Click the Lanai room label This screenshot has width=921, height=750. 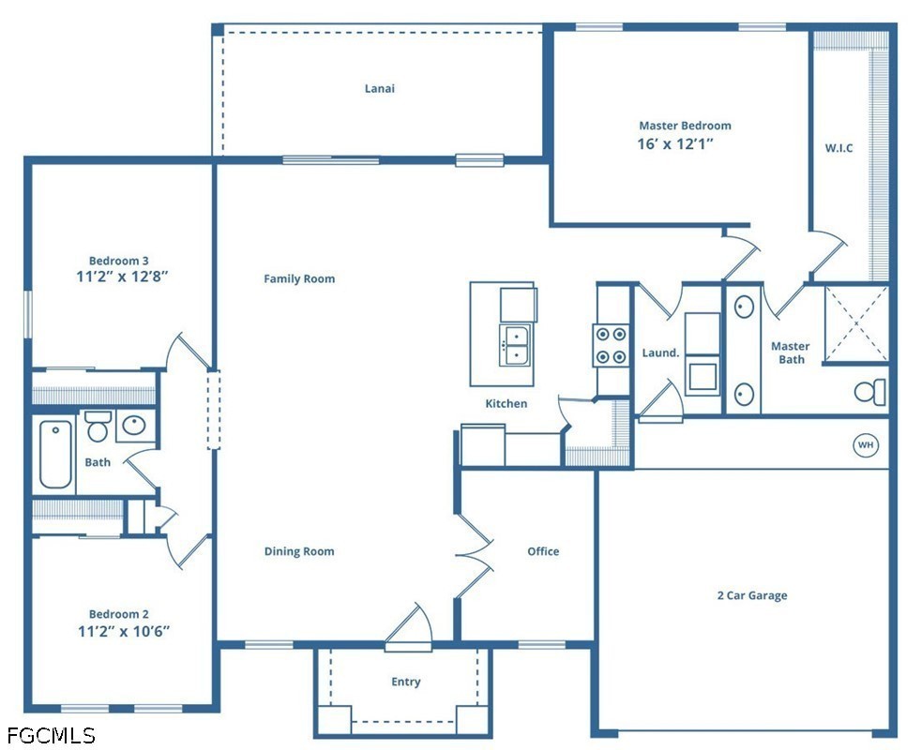point(380,89)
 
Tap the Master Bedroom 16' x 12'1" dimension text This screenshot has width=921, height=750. point(675,143)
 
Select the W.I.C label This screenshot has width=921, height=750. point(838,148)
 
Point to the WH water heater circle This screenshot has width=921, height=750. point(866,444)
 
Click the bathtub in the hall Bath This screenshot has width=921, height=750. point(55,454)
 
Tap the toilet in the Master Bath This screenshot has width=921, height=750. point(870,392)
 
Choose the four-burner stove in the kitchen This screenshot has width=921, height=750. point(611,346)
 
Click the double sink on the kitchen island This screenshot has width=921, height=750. point(516,345)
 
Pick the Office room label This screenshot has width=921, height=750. point(543,551)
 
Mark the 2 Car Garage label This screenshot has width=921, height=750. point(752,595)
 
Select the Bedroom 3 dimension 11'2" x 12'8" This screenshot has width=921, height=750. point(122,276)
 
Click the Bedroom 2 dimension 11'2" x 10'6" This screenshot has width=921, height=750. point(124,631)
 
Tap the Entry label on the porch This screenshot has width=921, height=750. point(406,682)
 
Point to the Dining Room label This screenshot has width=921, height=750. point(299,551)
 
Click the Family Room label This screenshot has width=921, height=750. point(299,279)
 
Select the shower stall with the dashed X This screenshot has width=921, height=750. point(856,323)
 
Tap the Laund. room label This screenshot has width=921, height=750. point(661,353)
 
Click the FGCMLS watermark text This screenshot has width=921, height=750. point(51,735)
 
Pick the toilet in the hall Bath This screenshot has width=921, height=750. point(98,427)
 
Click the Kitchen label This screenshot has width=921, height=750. point(506,404)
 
